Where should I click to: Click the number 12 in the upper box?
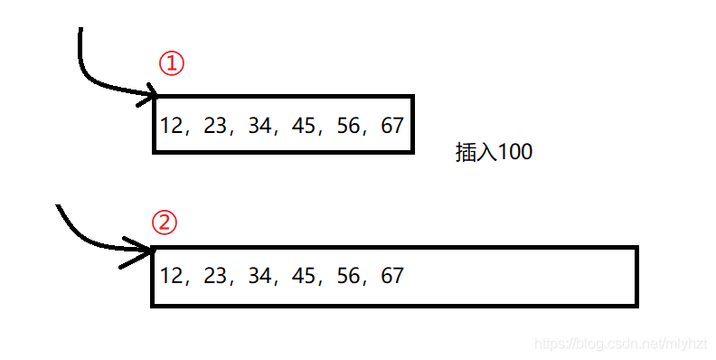coord(172,126)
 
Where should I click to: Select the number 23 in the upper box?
coord(216,126)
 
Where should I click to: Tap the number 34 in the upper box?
coord(259,126)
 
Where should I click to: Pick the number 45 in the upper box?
coord(305,126)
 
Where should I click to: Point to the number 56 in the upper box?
coord(349,126)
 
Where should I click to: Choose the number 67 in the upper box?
coord(392,126)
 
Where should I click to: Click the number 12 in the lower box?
coord(172,276)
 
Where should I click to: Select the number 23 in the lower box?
coord(216,276)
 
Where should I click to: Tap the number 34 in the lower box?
coord(259,276)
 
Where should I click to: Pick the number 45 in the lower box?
coord(305,276)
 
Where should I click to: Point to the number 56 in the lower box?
coord(349,276)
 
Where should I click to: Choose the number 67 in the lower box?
coord(392,276)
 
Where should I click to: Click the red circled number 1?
coord(172,63)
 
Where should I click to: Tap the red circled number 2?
coord(164,223)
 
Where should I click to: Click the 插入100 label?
coord(494,153)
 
